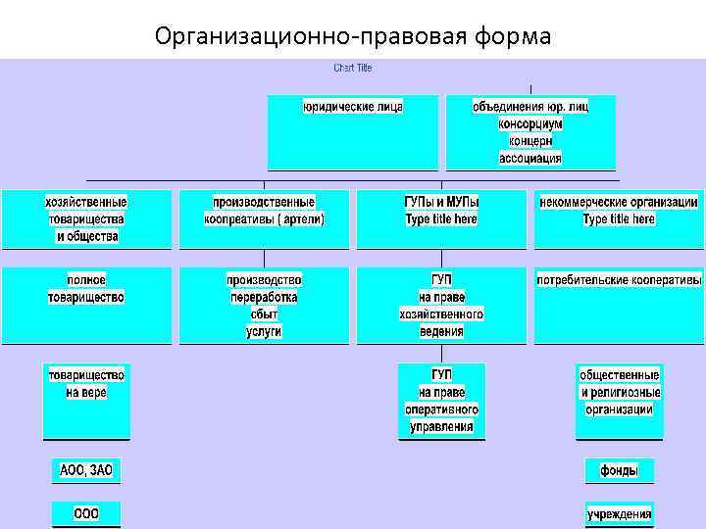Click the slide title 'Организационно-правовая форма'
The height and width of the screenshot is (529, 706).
click(x=353, y=37)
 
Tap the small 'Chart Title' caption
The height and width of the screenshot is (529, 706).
click(x=353, y=68)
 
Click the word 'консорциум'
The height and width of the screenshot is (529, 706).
click(x=530, y=124)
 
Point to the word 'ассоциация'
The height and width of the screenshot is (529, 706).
click(x=530, y=158)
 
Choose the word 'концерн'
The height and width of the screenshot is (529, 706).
click(x=530, y=141)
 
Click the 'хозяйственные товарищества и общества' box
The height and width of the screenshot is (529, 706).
click(x=86, y=218)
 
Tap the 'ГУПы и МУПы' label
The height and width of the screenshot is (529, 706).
click(x=441, y=202)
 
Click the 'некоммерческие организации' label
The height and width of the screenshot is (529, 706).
click(x=619, y=202)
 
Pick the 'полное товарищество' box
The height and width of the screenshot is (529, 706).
click(x=86, y=289)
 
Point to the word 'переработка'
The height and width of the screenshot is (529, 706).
click(x=264, y=297)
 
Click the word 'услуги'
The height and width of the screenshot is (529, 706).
click(x=264, y=331)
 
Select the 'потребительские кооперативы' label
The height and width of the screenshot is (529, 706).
click(x=619, y=279)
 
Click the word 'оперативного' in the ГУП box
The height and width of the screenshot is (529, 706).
click(x=441, y=409)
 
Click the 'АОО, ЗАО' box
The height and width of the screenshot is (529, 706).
click(x=86, y=471)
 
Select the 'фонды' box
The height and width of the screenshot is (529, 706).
click(x=619, y=471)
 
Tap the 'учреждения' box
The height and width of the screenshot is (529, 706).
click(x=619, y=514)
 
